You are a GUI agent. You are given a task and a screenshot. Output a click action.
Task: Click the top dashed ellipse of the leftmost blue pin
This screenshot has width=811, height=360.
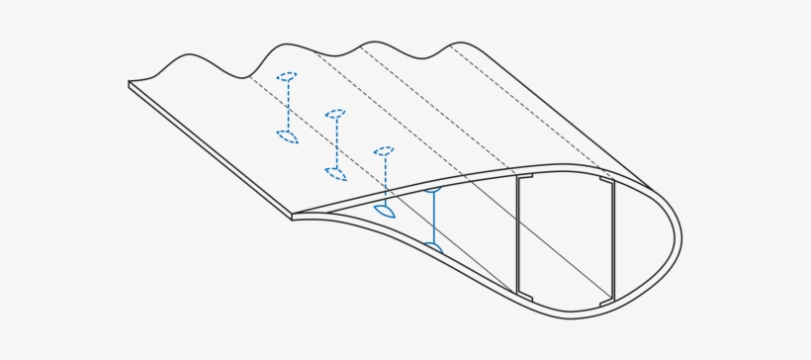pos(287,76)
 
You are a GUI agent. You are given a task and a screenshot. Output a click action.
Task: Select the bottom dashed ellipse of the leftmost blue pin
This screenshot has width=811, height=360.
pos(287,136)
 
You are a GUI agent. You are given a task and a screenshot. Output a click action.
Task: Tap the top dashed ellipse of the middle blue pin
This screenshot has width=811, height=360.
pos(335,114)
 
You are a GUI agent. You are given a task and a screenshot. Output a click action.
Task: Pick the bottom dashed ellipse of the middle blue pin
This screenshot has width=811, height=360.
pos(336,174)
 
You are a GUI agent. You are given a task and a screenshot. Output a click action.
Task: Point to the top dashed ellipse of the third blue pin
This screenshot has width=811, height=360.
pos(384,151)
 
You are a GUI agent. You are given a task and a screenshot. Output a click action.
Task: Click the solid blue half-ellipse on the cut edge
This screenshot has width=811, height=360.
pos(385,211)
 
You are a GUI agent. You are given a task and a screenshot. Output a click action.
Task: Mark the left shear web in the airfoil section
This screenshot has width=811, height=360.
pos(517,235)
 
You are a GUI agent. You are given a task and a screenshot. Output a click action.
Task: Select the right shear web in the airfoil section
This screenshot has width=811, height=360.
pos(613,239)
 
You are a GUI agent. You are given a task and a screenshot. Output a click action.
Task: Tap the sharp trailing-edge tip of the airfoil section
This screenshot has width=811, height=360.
pos(294,216)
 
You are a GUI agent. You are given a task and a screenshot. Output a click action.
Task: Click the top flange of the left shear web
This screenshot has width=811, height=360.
pos(524,177)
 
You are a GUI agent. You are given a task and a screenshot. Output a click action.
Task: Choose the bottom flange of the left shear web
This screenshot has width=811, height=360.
pos(524,295)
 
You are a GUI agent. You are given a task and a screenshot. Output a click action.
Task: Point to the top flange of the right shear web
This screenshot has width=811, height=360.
pos(606,181)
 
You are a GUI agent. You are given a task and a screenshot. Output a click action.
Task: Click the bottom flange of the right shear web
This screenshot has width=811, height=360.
pos(606,298)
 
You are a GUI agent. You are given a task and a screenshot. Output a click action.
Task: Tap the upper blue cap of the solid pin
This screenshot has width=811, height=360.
pos(433,188)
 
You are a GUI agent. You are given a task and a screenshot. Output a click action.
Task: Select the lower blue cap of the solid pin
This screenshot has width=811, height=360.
pos(433,245)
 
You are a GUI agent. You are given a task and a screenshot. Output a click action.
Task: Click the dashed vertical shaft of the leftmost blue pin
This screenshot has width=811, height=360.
pos(288,106)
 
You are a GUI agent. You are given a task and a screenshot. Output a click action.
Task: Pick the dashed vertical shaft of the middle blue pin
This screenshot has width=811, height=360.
pos(336,143)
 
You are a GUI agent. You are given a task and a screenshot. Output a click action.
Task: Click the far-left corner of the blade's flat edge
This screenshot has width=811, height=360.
pos(131,85)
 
